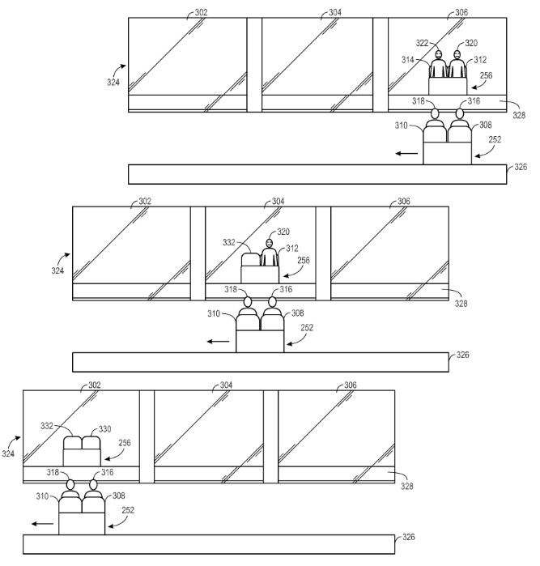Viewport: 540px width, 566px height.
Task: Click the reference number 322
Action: pos(421,43)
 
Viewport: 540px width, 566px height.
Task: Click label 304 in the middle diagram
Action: pos(277,201)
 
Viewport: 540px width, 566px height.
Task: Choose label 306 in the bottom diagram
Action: pos(350,385)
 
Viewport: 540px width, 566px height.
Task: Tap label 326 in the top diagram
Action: pos(521,168)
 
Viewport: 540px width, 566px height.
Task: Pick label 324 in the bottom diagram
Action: pos(9,454)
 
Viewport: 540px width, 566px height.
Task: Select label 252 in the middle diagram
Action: pos(307,327)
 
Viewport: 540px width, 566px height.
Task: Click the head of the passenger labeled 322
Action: pos(438,56)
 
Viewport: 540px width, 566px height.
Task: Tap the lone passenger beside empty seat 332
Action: pos(269,252)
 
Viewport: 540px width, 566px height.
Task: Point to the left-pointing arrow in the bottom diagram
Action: pos(46,525)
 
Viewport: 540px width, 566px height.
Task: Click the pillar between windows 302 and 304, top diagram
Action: pos(254,65)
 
